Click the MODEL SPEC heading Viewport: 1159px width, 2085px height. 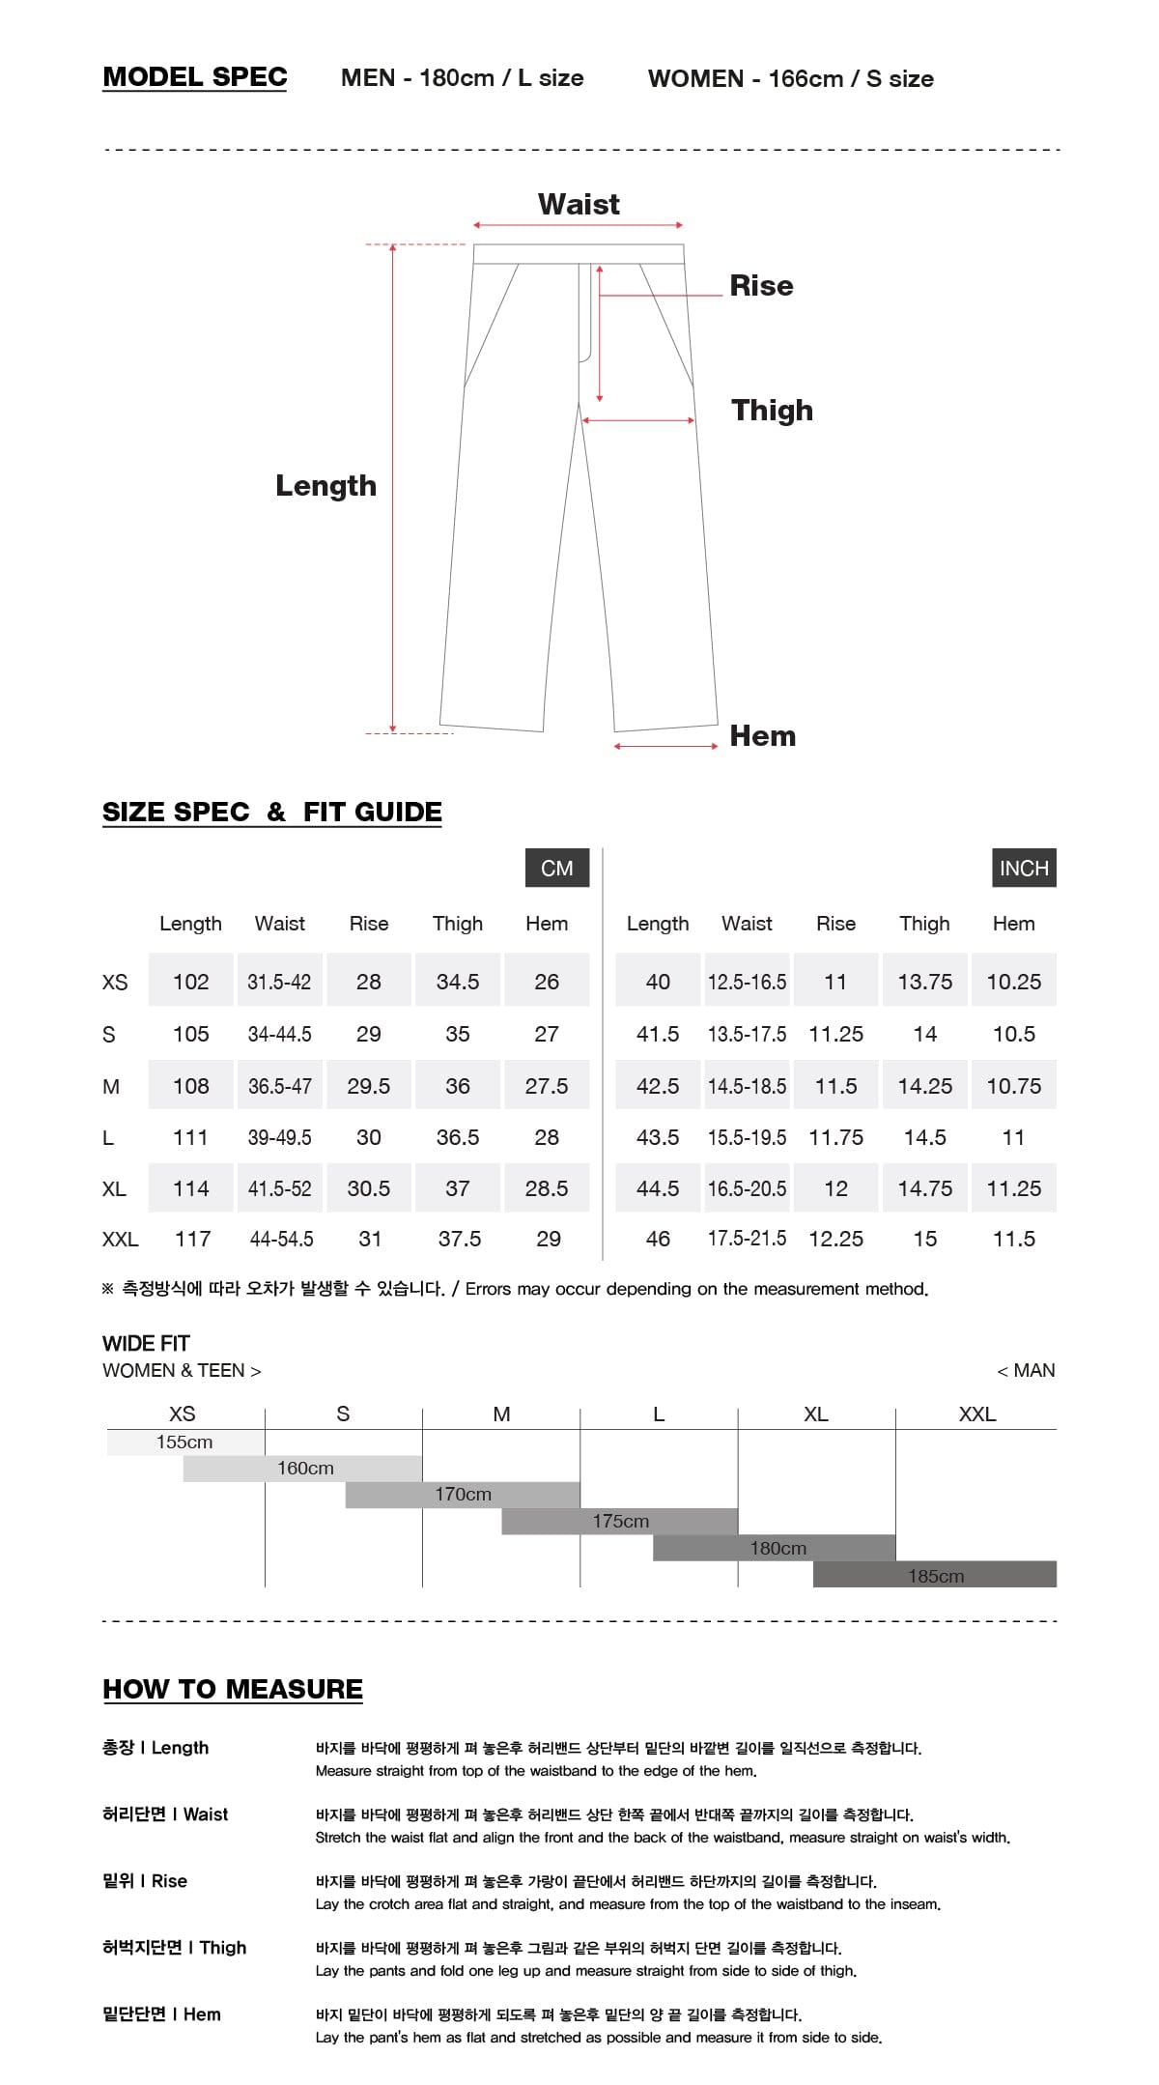(194, 77)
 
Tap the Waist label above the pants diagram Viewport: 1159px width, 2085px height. (579, 204)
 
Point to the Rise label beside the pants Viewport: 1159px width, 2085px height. (761, 286)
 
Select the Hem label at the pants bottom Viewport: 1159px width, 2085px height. (762, 736)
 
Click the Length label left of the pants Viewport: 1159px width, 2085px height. (325, 485)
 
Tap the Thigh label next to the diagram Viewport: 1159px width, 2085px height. (772, 411)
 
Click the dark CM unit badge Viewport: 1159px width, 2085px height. (556, 868)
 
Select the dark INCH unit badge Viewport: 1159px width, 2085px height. (1023, 868)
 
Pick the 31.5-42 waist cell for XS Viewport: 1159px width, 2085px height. (279, 982)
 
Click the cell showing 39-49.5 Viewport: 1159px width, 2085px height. (279, 1137)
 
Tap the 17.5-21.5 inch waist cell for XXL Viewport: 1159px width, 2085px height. (747, 1239)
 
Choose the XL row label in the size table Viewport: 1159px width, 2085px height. (114, 1188)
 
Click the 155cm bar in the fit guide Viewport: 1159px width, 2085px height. (184, 1442)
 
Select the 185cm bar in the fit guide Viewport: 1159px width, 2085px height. (935, 1576)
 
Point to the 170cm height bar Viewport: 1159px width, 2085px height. (463, 1495)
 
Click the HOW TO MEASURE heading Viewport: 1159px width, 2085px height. (233, 1689)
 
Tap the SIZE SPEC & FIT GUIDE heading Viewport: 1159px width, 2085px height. (271, 812)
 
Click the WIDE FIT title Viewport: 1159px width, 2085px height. (146, 1343)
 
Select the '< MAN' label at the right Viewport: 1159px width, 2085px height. (1026, 1370)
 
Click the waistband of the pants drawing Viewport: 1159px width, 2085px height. (579, 254)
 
